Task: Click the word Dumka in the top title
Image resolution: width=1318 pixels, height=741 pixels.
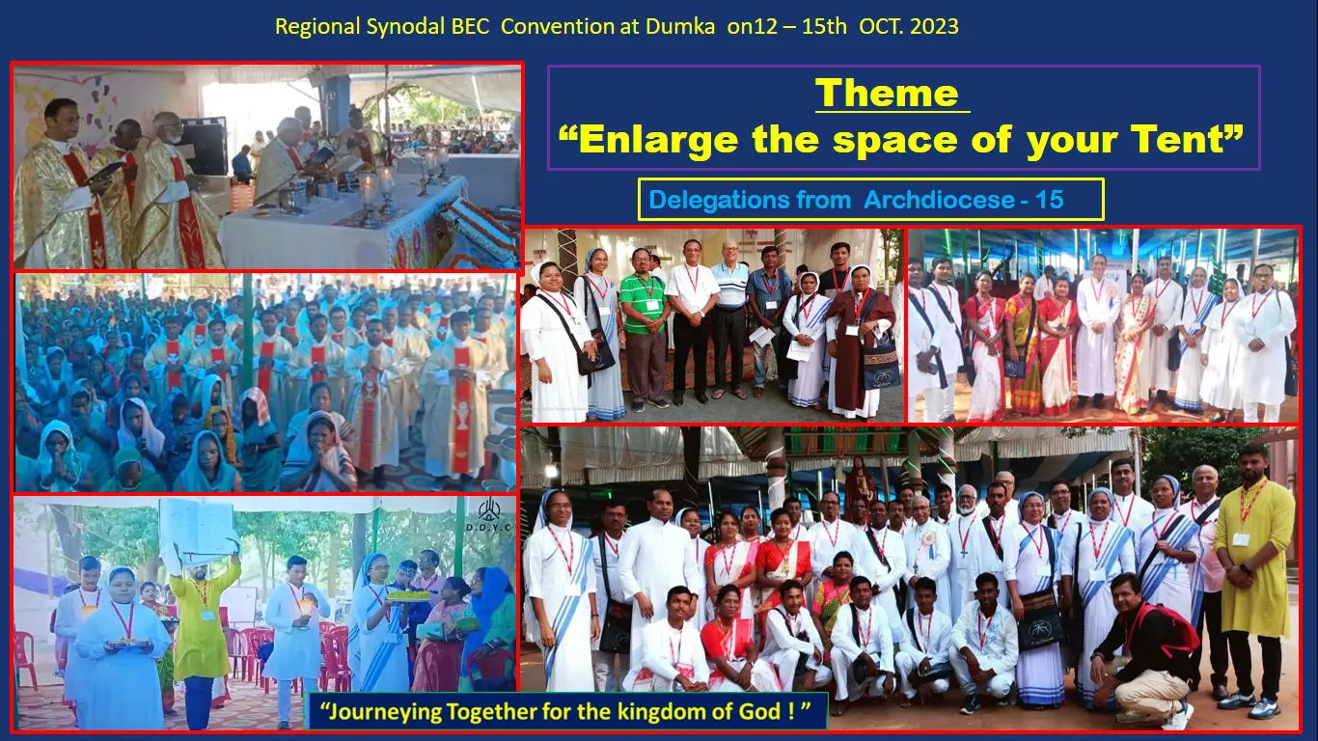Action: pyautogui.click(x=679, y=26)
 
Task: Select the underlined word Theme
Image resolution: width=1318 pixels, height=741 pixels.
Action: pyautogui.click(x=888, y=94)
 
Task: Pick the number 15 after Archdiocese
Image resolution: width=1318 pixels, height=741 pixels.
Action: pyautogui.click(x=1049, y=200)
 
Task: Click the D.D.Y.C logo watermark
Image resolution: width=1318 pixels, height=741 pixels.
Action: pyautogui.click(x=488, y=515)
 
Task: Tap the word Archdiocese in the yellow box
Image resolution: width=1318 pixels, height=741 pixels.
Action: pyautogui.click(x=939, y=200)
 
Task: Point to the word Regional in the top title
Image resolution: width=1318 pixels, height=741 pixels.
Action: pyautogui.click(x=317, y=27)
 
